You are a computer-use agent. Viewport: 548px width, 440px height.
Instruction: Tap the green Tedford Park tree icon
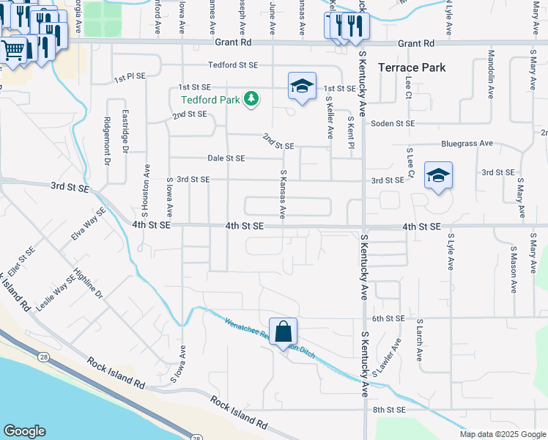coord(251,98)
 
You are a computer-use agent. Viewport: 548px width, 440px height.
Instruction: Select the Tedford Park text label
coord(211,99)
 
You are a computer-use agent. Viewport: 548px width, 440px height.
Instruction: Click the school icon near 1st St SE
coord(302,87)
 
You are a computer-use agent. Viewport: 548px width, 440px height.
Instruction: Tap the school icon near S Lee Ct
coord(438,175)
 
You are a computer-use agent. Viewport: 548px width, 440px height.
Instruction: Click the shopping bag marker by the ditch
coord(283,331)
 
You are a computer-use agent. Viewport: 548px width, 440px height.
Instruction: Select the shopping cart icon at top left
coord(13,51)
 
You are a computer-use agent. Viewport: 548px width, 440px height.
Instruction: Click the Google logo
coord(25,430)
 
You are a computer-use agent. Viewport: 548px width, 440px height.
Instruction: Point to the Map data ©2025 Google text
coord(502,434)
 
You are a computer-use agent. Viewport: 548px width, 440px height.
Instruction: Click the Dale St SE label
coord(226,158)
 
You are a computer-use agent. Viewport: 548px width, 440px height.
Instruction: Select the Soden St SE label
coord(392,123)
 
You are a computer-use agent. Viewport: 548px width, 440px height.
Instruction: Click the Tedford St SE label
coord(232,65)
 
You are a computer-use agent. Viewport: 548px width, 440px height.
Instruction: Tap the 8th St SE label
coord(388,409)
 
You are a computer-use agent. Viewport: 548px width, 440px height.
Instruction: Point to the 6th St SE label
coord(388,318)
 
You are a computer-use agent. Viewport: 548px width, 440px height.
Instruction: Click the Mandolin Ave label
coord(491,65)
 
